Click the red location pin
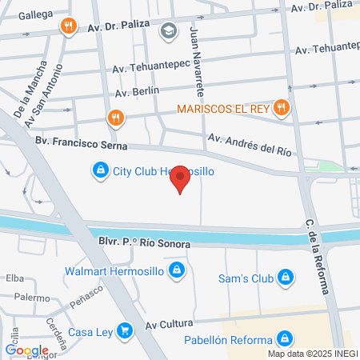click(181, 179)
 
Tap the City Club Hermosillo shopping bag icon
click(100, 170)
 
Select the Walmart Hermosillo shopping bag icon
click(181, 272)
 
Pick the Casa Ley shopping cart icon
click(123, 330)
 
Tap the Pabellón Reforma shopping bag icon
click(283, 339)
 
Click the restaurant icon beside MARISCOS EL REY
click(280, 107)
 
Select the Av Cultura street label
click(169, 324)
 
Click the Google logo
click(27, 350)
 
